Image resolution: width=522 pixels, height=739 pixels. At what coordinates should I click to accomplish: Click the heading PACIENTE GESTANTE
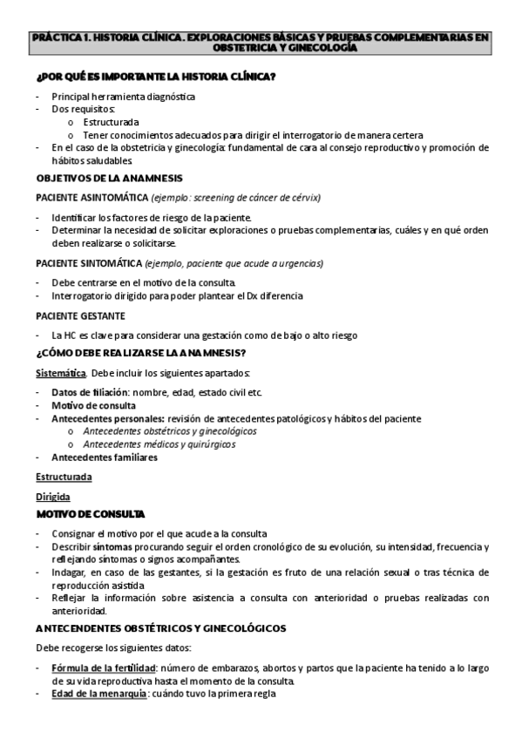tap(80, 315)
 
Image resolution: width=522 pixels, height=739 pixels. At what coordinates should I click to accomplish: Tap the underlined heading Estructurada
tap(64, 477)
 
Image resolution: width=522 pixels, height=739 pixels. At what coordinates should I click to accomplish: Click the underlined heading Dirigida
tap(53, 497)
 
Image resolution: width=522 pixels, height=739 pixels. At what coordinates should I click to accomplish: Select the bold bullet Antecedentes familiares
tap(104, 457)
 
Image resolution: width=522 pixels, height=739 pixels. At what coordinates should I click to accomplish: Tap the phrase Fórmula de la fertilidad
tap(96, 668)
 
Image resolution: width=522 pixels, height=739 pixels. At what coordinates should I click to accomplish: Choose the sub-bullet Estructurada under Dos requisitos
tap(111, 123)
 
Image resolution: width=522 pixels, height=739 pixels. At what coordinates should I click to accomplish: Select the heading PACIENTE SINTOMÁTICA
tap(88, 263)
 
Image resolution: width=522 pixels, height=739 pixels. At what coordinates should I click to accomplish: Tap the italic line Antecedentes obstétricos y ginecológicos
tap(169, 431)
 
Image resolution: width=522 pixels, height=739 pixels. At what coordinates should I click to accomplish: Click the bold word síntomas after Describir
tap(112, 546)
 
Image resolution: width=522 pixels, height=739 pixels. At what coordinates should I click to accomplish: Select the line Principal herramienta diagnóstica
tap(123, 97)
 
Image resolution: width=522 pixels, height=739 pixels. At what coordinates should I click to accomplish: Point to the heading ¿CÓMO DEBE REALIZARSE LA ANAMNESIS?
tap(140, 353)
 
